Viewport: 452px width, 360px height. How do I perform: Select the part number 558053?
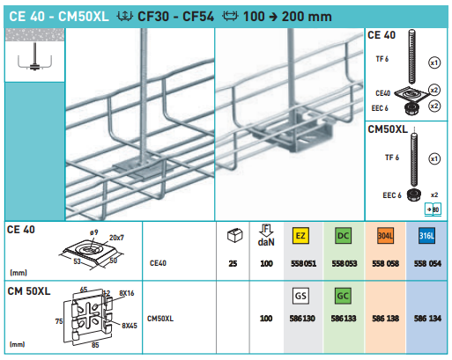click(x=345, y=262)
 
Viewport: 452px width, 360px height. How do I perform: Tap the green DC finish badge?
click(x=345, y=236)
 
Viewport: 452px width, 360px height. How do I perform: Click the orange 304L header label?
click(x=386, y=236)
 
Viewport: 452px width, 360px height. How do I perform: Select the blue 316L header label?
click(x=427, y=236)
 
